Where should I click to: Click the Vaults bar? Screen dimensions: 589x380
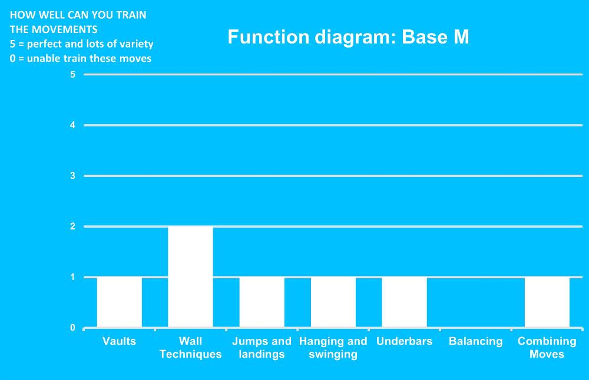[120, 302]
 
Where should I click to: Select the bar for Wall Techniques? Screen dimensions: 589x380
[190, 277]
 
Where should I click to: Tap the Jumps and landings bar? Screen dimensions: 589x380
[262, 302]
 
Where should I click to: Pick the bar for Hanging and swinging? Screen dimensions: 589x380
[333, 302]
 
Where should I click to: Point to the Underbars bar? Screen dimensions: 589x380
[405, 302]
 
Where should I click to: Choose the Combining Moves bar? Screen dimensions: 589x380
[547, 302]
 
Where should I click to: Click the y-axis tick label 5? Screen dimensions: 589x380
[72, 75]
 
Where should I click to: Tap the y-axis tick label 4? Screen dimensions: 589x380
[72, 125]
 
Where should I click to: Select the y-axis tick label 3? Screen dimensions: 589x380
[72, 175]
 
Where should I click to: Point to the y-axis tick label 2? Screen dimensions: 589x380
[72, 226]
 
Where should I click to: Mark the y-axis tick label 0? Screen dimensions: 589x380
[72, 328]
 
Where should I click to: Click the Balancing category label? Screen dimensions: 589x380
[475, 341]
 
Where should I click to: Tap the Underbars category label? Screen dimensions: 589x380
[404, 341]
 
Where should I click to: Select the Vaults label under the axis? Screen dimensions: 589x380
[119, 341]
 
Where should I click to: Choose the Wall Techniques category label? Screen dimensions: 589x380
[190, 348]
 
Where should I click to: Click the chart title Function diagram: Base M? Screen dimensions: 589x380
[348, 36]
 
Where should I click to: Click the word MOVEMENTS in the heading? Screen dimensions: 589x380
[71, 29]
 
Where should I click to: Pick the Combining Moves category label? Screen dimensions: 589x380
[547, 348]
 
